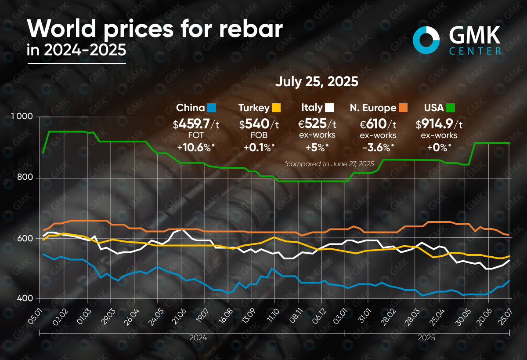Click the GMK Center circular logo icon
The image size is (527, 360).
(x=426, y=39)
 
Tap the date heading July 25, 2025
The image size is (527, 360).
(x=317, y=82)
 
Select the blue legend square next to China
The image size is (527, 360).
(x=212, y=108)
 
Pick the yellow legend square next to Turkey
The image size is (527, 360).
(x=276, y=108)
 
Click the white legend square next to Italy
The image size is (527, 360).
(x=330, y=108)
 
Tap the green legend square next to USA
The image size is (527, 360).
(x=450, y=108)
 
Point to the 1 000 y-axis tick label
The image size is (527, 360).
(x=21, y=116)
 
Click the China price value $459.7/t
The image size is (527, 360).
(x=196, y=124)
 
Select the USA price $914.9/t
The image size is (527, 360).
(x=439, y=124)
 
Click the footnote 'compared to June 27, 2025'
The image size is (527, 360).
(x=330, y=164)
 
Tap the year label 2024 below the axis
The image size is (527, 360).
(x=199, y=338)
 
